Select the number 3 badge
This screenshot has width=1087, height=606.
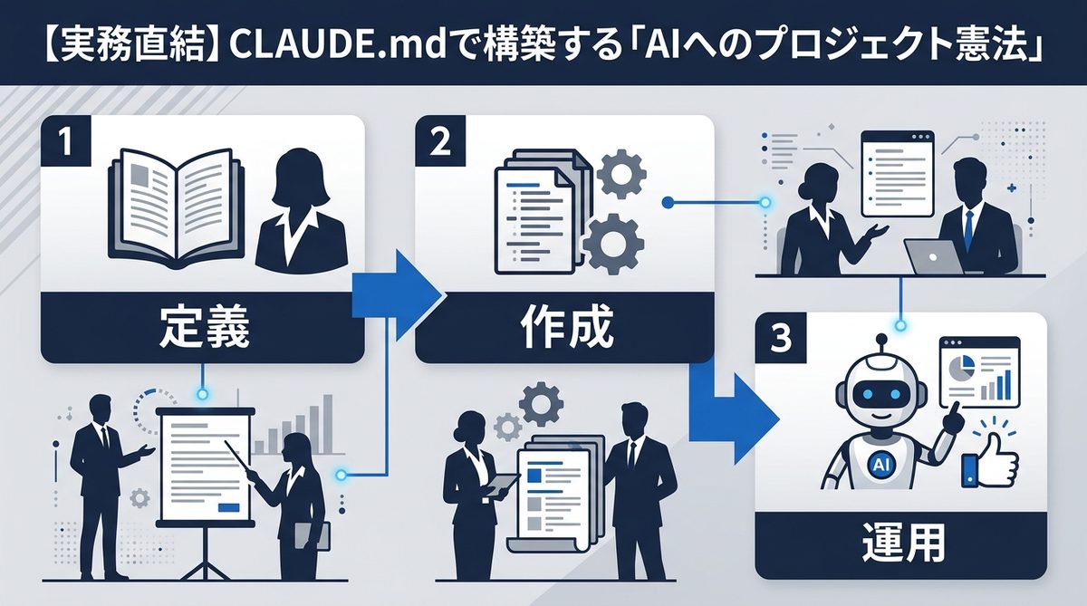[780, 337]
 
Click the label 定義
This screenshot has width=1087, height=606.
[202, 330]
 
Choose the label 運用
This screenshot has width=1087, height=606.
[900, 544]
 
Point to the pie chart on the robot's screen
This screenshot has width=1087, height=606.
[961, 367]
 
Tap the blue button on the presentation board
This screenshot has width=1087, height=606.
[234, 508]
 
